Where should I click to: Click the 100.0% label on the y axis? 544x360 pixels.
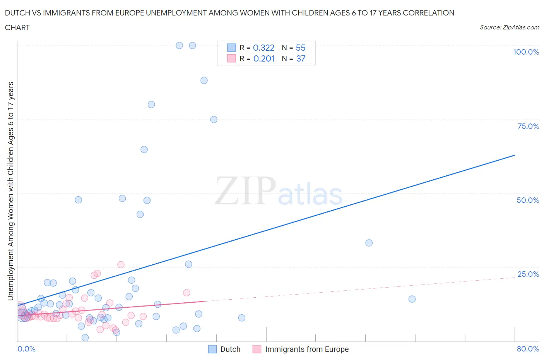click(x=526, y=52)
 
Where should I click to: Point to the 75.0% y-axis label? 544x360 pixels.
click(x=528, y=126)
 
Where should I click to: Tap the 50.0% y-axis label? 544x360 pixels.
click(x=528, y=200)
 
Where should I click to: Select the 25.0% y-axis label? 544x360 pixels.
click(x=528, y=274)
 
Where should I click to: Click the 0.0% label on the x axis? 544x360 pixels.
click(x=26, y=349)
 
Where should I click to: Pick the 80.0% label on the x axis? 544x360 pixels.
click(x=528, y=349)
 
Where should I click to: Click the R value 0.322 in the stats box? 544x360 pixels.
click(x=263, y=48)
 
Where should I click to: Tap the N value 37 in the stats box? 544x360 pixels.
click(x=301, y=58)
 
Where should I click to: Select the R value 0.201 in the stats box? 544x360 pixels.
click(x=264, y=58)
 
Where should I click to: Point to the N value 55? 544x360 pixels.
click(x=301, y=48)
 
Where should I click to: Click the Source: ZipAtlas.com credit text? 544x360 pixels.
click(x=509, y=27)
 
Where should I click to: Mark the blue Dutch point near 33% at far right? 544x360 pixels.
click(x=369, y=243)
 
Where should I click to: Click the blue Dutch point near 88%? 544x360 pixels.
click(x=204, y=80)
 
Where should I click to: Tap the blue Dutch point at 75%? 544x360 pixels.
click(x=214, y=119)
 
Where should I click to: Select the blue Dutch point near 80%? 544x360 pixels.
click(x=151, y=105)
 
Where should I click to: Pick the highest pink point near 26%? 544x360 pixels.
click(x=121, y=265)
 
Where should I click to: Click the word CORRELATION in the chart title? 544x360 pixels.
click(x=428, y=13)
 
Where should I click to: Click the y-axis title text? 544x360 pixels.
click(x=10, y=191)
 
